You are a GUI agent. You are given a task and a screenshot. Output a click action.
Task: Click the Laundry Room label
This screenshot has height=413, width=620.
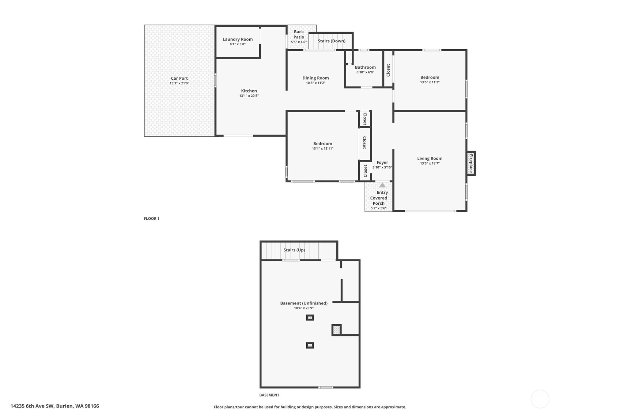point(238,39)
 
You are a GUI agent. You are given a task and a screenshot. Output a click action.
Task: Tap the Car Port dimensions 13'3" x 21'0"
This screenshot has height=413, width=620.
point(179,83)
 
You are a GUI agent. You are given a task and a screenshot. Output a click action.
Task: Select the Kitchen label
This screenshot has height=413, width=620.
point(249,91)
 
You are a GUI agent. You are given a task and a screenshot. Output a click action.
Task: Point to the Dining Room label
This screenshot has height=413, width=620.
point(315,78)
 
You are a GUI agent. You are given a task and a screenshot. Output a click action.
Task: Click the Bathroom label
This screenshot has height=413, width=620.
point(365,67)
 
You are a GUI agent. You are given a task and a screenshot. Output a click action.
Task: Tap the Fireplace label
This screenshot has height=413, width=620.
point(471,163)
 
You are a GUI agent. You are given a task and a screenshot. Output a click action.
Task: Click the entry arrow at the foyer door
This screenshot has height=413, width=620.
point(382,185)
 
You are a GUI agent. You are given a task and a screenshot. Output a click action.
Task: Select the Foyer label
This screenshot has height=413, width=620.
point(382,163)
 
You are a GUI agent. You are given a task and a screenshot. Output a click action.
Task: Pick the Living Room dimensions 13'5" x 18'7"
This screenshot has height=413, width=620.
point(430,163)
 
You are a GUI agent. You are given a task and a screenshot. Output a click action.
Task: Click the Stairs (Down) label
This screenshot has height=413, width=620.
point(331,41)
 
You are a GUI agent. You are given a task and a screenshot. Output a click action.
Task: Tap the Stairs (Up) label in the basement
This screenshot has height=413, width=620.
point(294,250)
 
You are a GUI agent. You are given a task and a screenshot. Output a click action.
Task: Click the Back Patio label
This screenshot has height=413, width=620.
point(299,34)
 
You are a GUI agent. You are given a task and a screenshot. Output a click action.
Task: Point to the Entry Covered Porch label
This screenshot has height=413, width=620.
point(379,198)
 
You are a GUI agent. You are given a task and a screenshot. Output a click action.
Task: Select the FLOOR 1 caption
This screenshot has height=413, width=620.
point(151,219)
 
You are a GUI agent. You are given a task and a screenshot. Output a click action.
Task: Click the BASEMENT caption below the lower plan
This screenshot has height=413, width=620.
point(269,395)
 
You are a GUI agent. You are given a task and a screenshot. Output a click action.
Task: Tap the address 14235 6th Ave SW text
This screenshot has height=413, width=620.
point(55,406)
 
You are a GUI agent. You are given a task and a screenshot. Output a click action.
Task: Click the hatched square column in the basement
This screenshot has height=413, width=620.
point(336,330)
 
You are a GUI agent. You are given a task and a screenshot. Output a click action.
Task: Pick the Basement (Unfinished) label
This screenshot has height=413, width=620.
point(304,303)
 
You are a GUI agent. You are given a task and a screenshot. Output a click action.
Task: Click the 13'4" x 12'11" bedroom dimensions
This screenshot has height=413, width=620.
point(322,149)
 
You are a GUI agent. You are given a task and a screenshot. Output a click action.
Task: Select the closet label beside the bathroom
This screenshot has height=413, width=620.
point(388,70)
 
